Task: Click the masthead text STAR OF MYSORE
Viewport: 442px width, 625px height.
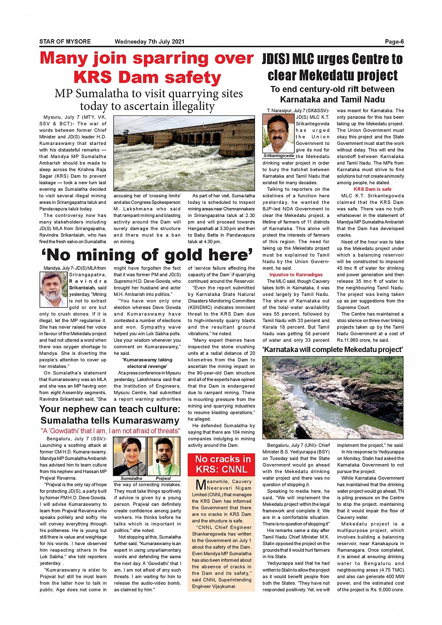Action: (65, 42)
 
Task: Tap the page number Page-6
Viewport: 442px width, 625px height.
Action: (394, 42)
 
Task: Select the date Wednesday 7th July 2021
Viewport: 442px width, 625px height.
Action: (149, 42)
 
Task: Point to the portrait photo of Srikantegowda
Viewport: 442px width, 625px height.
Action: (278, 133)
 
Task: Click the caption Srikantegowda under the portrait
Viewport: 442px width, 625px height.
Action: (279, 156)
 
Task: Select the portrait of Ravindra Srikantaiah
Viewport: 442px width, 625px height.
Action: (54, 289)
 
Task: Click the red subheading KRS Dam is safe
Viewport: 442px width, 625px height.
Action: (372, 189)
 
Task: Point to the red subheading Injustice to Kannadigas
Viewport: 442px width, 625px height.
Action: (296, 274)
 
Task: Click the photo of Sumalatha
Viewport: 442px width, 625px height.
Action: (130, 456)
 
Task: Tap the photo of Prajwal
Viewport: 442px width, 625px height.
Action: (163, 456)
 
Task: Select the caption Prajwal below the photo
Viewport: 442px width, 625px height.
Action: (163, 479)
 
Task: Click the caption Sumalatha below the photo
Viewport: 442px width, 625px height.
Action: (131, 479)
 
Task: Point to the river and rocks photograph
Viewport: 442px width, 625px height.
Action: (333, 398)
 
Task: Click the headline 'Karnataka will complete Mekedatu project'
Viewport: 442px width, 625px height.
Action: (333, 350)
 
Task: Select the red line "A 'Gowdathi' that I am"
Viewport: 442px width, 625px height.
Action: (110, 431)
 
